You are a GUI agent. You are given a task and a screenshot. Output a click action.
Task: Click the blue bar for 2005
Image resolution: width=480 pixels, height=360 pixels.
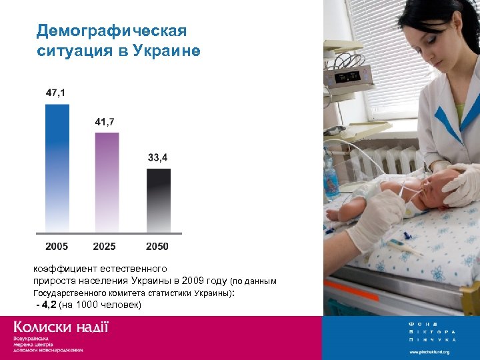57,167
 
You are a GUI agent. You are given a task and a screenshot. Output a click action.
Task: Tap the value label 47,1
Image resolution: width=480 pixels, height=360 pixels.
56,93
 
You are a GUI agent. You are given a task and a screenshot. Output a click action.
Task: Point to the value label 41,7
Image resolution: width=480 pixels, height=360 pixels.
105,122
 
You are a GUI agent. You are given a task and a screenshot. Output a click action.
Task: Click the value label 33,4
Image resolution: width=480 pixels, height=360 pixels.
157,158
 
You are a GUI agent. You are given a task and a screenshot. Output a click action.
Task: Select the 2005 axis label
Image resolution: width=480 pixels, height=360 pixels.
57,247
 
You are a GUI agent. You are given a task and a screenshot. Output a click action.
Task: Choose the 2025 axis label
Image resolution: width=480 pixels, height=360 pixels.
105,247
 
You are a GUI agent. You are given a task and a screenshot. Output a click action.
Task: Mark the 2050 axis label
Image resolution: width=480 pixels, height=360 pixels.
157,247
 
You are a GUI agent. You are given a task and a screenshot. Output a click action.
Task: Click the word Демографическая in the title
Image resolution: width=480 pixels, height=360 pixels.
111,31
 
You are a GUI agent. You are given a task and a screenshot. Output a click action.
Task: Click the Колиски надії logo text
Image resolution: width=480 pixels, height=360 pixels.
61,327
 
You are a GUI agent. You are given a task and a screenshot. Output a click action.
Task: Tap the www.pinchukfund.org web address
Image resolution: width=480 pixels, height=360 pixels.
429,351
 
